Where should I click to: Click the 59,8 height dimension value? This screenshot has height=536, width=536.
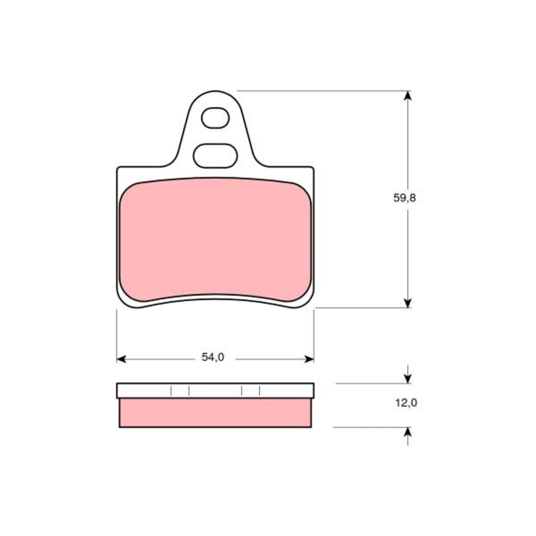[x=404, y=198]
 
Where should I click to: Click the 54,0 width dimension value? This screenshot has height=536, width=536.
[x=213, y=357]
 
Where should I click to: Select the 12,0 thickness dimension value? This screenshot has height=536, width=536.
[x=406, y=403]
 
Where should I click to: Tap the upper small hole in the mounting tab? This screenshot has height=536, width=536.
[x=215, y=118]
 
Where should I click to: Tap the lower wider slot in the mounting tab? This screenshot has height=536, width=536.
[x=215, y=156]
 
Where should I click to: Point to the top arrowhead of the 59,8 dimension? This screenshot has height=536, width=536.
[x=407, y=96]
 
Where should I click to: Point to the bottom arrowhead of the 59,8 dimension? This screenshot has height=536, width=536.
[x=407, y=303]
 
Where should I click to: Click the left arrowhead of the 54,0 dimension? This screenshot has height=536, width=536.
[x=121, y=359]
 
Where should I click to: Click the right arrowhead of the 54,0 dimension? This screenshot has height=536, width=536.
[x=309, y=359]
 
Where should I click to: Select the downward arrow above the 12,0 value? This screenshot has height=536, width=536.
[x=407, y=374]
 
